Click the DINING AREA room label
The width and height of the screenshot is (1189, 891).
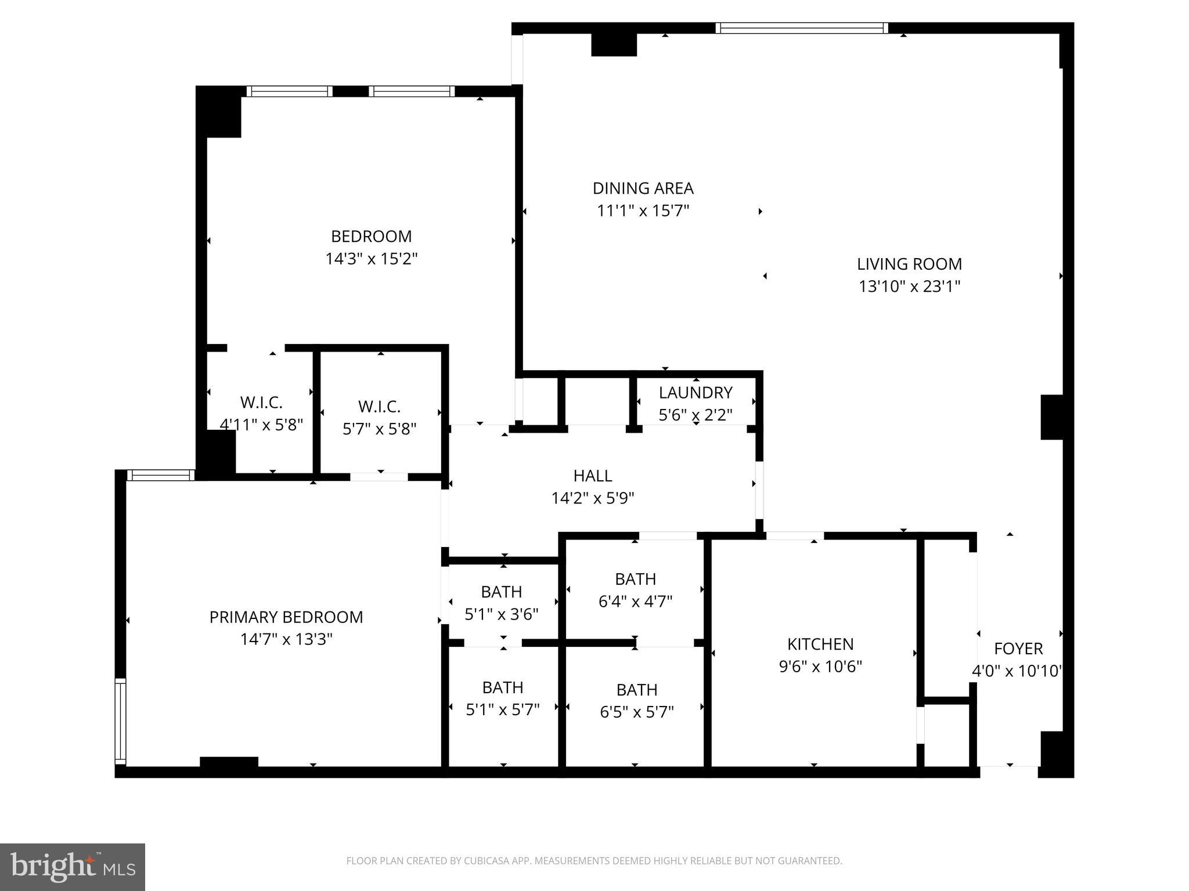643,189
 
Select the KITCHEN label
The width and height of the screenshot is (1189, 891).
820,644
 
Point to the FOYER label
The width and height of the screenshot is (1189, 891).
1018,649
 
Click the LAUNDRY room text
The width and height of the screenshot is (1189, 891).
695,393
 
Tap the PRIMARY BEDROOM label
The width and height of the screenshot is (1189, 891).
286,617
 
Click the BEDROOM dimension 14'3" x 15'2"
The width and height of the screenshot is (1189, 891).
371,259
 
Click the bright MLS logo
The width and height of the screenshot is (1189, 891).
73,867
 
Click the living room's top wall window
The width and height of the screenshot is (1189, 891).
801,28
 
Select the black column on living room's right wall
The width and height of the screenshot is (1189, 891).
1051,417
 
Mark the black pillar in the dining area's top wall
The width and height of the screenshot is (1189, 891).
614,45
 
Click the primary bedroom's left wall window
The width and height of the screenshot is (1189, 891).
120,721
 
